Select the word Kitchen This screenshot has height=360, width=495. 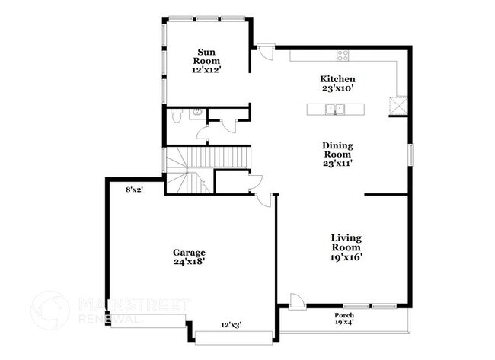click(337, 78)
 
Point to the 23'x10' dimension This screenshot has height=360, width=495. click(337, 88)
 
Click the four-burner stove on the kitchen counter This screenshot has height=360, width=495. click(343, 55)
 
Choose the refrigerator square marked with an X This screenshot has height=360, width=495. click(398, 106)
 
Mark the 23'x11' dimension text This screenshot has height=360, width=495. click(337, 162)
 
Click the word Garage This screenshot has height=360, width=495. click(189, 252)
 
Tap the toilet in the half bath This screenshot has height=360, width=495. click(176, 116)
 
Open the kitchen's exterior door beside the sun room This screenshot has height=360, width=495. click(264, 52)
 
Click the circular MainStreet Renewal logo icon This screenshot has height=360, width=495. click(50, 309)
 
